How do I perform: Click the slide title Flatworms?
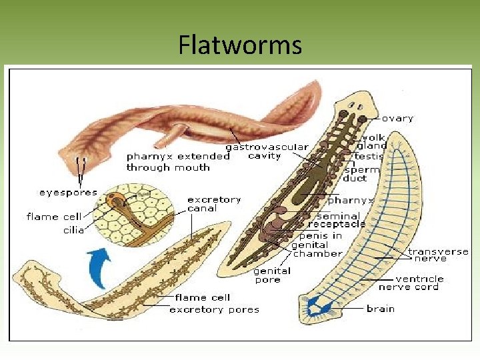(x=240, y=45)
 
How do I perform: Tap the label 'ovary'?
(x=397, y=118)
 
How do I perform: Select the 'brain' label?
(x=380, y=309)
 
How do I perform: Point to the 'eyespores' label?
(x=68, y=193)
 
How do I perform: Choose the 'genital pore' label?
(x=272, y=275)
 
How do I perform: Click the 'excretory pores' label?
(x=214, y=309)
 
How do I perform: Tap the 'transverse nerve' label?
(x=438, y=255)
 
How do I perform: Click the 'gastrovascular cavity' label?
(x=267, y=151)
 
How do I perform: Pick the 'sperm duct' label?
(x=361, y=174)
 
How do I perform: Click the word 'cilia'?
(x=73, y=229)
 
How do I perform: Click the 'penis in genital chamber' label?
(x=317, y=244)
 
